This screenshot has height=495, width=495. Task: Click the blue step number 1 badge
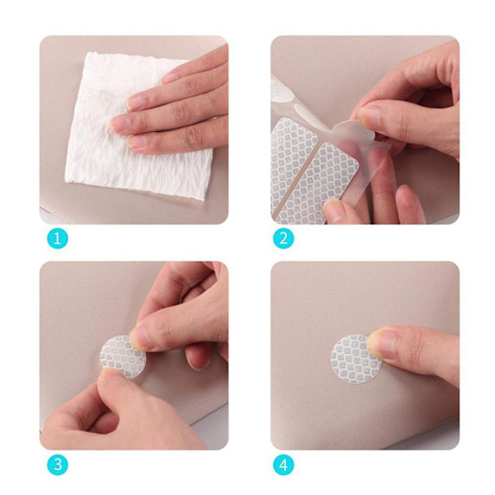[58, 238]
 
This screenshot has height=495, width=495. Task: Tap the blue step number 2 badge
[284, 238]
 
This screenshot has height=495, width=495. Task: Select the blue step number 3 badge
[58, 464]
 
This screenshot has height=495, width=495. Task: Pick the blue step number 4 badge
[284, 464]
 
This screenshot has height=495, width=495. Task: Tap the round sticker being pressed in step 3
[123, 356]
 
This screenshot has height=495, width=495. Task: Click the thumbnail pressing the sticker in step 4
[381, 343]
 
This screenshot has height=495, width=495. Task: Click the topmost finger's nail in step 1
[170, 78]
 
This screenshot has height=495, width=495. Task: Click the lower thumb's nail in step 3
[111, 374]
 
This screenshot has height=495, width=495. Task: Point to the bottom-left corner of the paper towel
[66, 181]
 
